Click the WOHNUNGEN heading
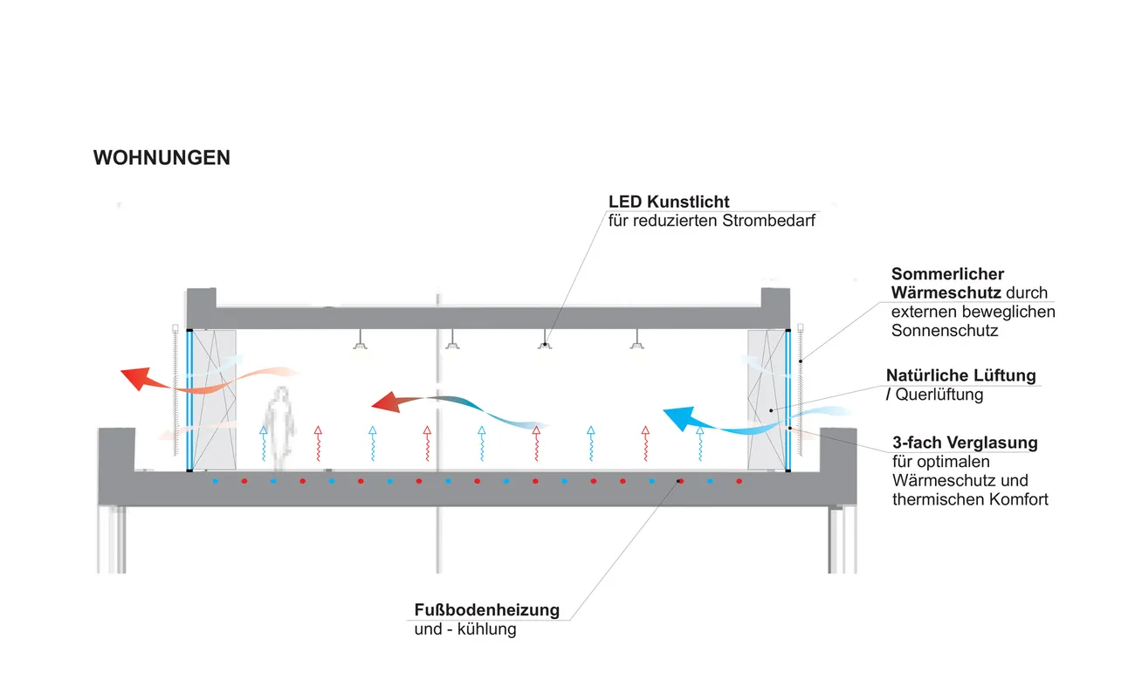162,158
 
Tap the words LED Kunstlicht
669,203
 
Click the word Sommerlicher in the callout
947,274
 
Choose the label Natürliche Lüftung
960,375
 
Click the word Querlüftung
939,395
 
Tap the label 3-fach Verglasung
965,443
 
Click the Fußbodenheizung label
486,609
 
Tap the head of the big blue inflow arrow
679,418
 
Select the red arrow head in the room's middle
385,402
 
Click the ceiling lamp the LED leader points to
545,344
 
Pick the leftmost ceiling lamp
359,345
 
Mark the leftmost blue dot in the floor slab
215,481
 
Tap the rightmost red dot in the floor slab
739,481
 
